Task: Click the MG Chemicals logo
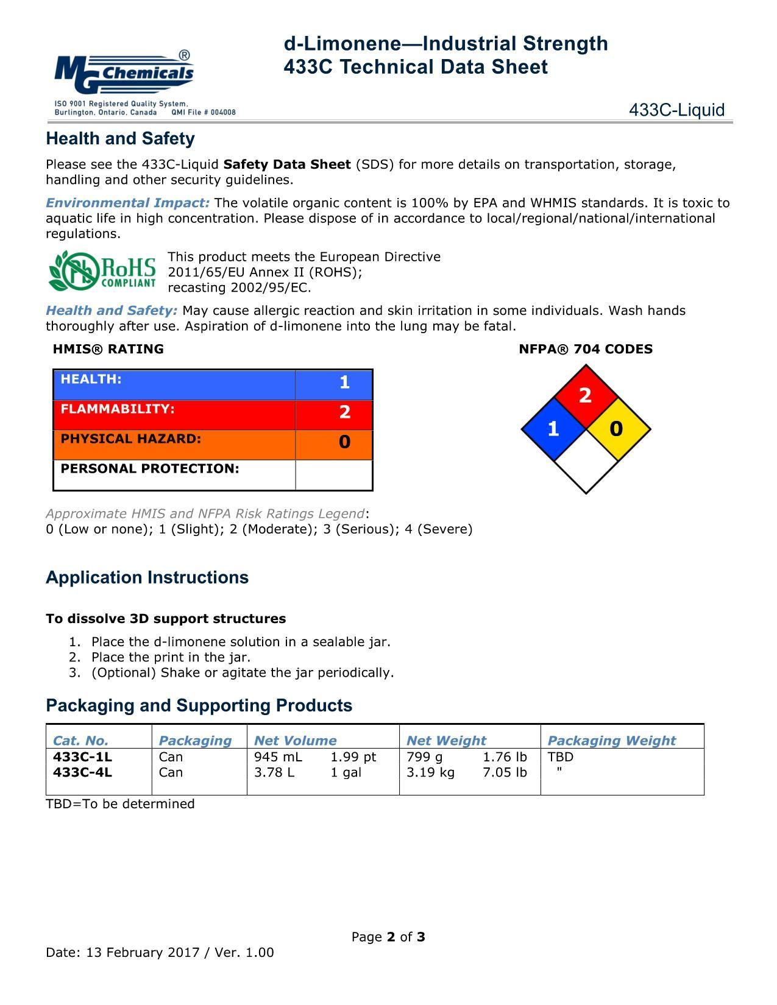[x=125, y=72]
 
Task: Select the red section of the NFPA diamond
[x=586, y=395]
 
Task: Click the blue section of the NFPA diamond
[x=553, y=429]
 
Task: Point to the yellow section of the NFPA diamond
[x=617, y=429]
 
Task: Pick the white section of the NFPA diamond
[x=586, y=462]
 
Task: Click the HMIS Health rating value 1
[x=344, y=383]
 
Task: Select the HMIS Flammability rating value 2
[x=344, y=412]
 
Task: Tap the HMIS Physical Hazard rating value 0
[x=344, y=442]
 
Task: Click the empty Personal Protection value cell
[x=334, y=474]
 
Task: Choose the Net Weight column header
[x=446, y=741]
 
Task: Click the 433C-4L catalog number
[x=83, y=772]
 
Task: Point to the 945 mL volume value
[x=278, y=757]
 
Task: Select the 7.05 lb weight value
[x=505, y=772]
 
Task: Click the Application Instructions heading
[x=147, y=577]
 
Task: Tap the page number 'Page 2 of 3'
[x=388, y=937]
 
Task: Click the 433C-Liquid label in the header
[x=676, y=110]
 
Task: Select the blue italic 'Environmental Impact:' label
[x=128, y=203]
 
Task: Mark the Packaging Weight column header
[x=611, y=741]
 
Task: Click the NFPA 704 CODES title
[x=586, y=349]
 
